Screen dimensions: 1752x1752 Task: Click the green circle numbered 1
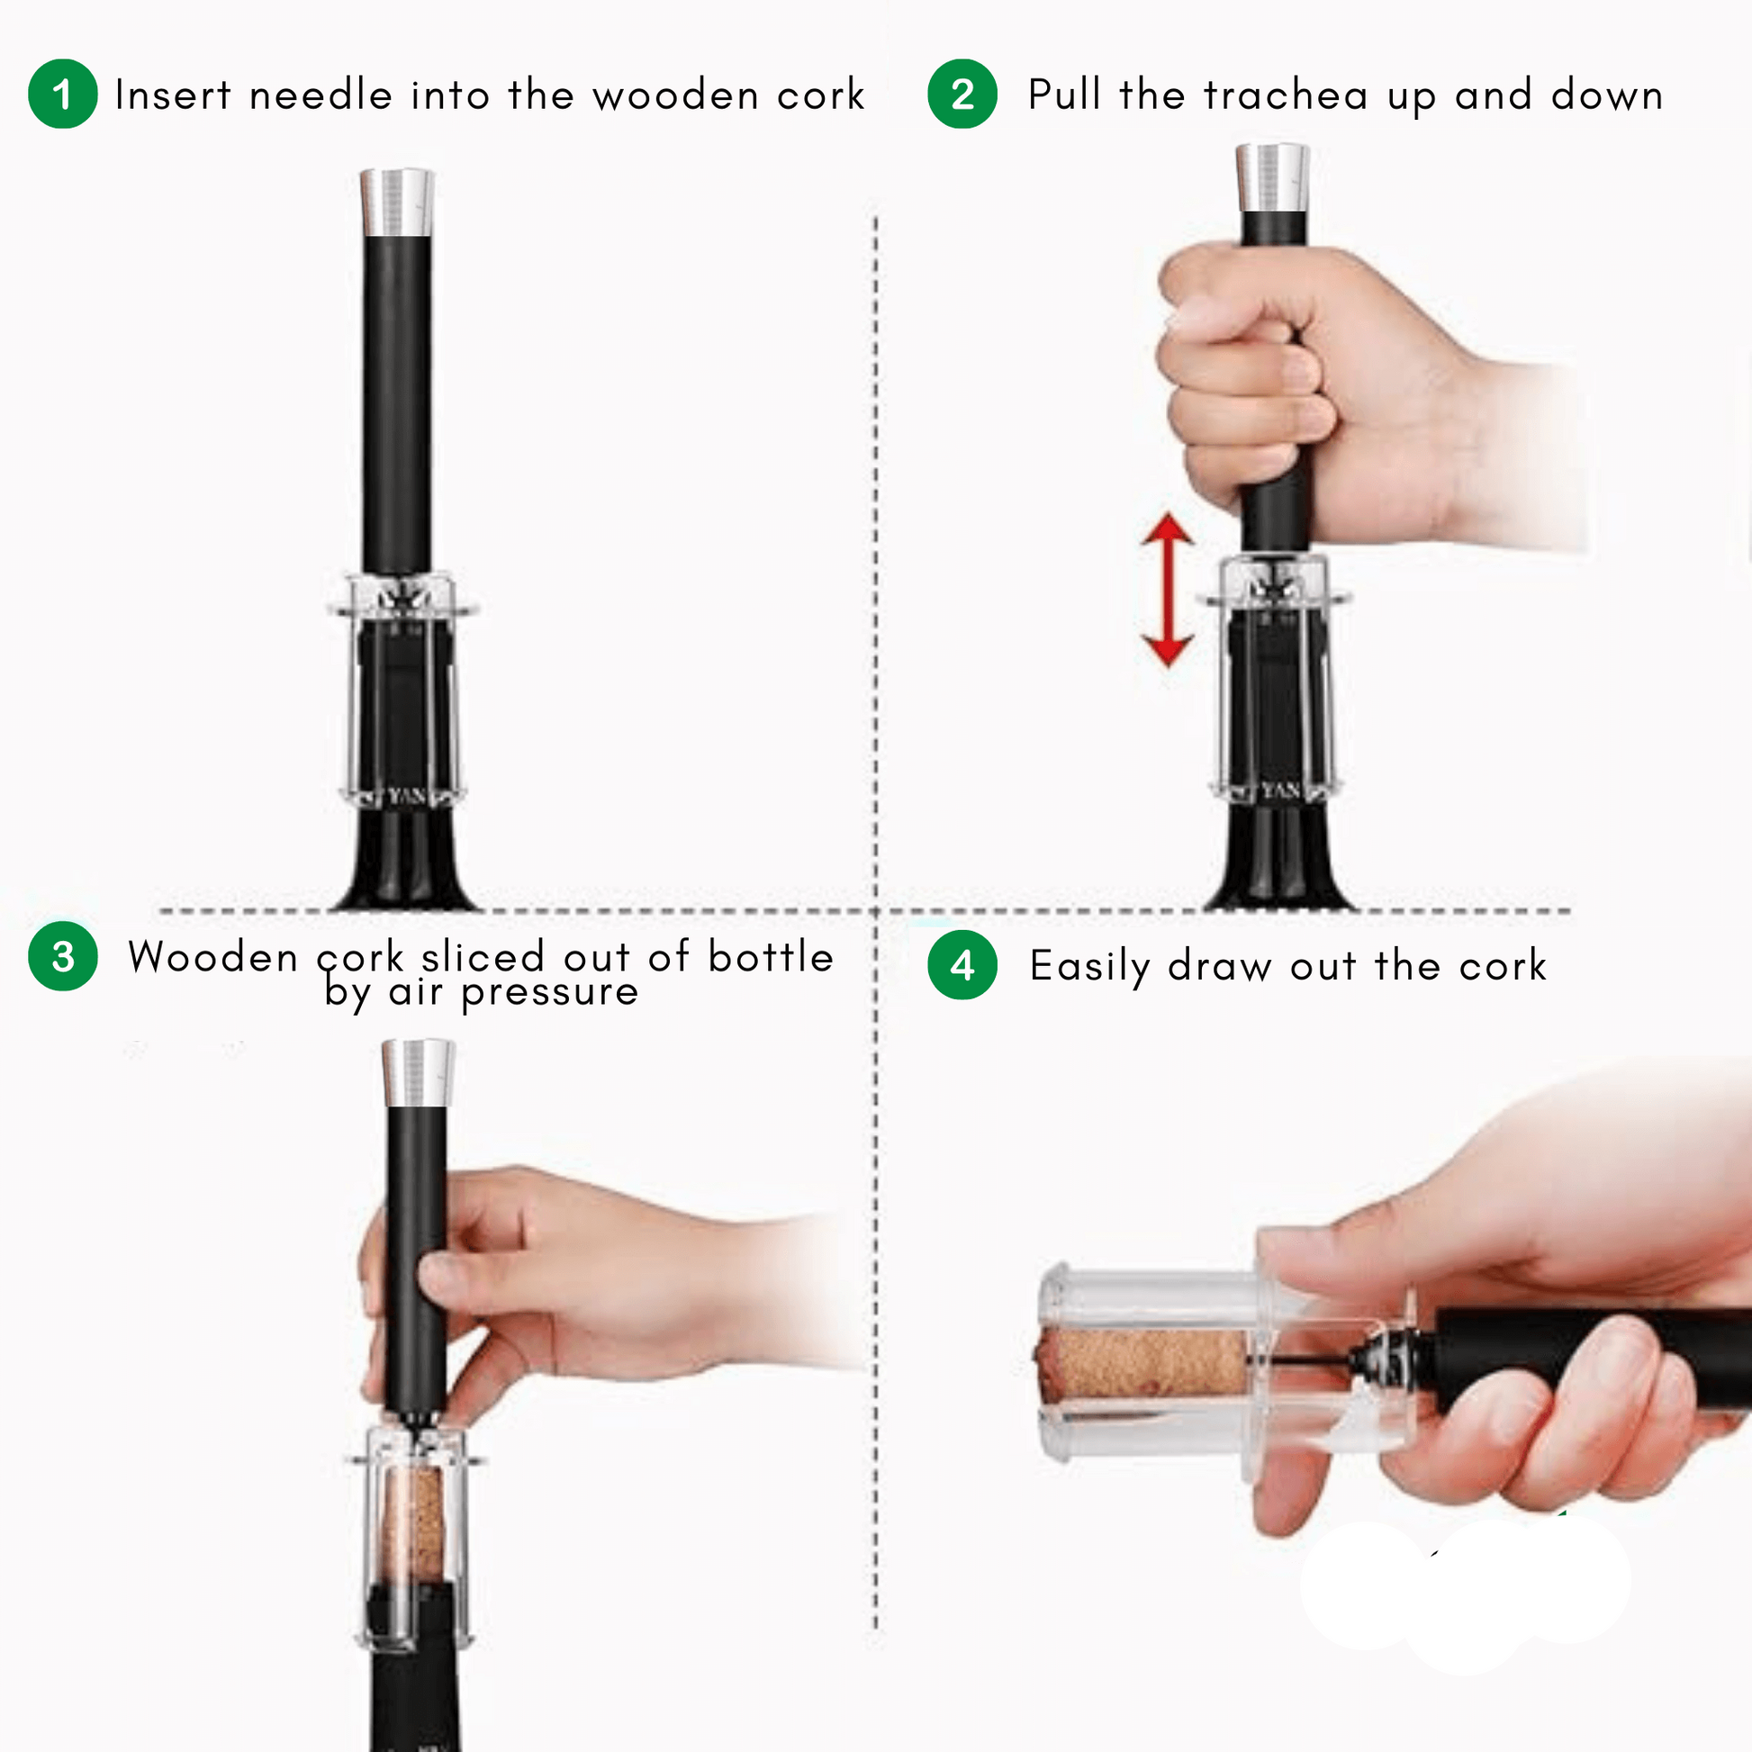[x=63, y=94]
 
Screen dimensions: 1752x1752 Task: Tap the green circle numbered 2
[x=962, y=94]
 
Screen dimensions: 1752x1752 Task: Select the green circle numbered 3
[x=63, y=956]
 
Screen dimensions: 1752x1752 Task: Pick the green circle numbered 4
[x=962, y=965]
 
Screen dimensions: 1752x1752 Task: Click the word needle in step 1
[x=321, y=95]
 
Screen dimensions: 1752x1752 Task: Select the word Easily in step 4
[x=1089, y=967]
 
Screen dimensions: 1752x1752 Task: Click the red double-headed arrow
[x=1167, y=591]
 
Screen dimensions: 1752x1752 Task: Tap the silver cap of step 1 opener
[x=396, y=202]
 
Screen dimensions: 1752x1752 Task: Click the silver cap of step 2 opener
[x=1272, y=177]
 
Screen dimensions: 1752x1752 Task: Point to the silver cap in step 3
[x=417, y=1073]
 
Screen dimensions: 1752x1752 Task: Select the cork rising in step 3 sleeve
[x=412, y=1526]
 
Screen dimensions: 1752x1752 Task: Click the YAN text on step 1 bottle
[x=407, y=796]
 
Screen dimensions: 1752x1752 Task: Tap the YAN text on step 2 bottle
[x=1280, y=790]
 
